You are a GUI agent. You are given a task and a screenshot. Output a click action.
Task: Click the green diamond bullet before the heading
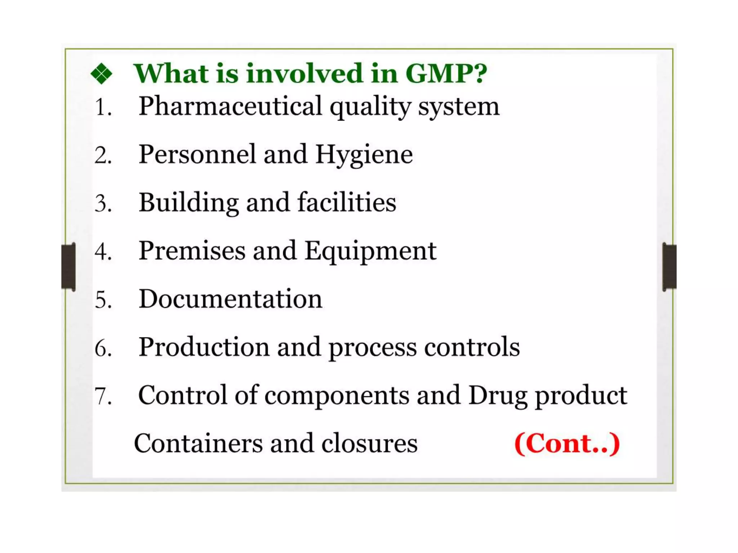pos(101,74)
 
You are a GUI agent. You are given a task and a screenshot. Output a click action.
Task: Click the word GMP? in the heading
pos(446,73)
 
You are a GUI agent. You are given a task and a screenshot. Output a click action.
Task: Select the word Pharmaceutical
pos(230,107)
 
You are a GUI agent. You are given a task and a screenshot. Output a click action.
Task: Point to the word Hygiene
pos(364,155)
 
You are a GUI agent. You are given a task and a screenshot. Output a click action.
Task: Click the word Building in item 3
pos(188,203)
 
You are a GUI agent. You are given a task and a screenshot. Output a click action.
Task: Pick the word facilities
pos(347,202)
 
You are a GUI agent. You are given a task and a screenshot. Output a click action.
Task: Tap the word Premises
pos(192,251)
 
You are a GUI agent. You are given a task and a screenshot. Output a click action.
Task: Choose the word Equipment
pos(370,251)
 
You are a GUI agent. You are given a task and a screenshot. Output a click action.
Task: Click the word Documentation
pos(231,299)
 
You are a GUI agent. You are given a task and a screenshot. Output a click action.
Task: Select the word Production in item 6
pos(204,347)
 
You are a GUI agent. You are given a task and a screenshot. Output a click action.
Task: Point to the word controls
pos(472,347)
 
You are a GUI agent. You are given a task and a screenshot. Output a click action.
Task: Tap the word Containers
pos(198,444)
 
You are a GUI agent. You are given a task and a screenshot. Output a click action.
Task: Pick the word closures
pos(369,444)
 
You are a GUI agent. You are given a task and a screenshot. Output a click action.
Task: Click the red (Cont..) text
pos(567,444)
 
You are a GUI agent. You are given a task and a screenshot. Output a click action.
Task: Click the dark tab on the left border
pos(68,266)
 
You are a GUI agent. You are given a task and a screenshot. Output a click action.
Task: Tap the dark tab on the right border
pos(669,266)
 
